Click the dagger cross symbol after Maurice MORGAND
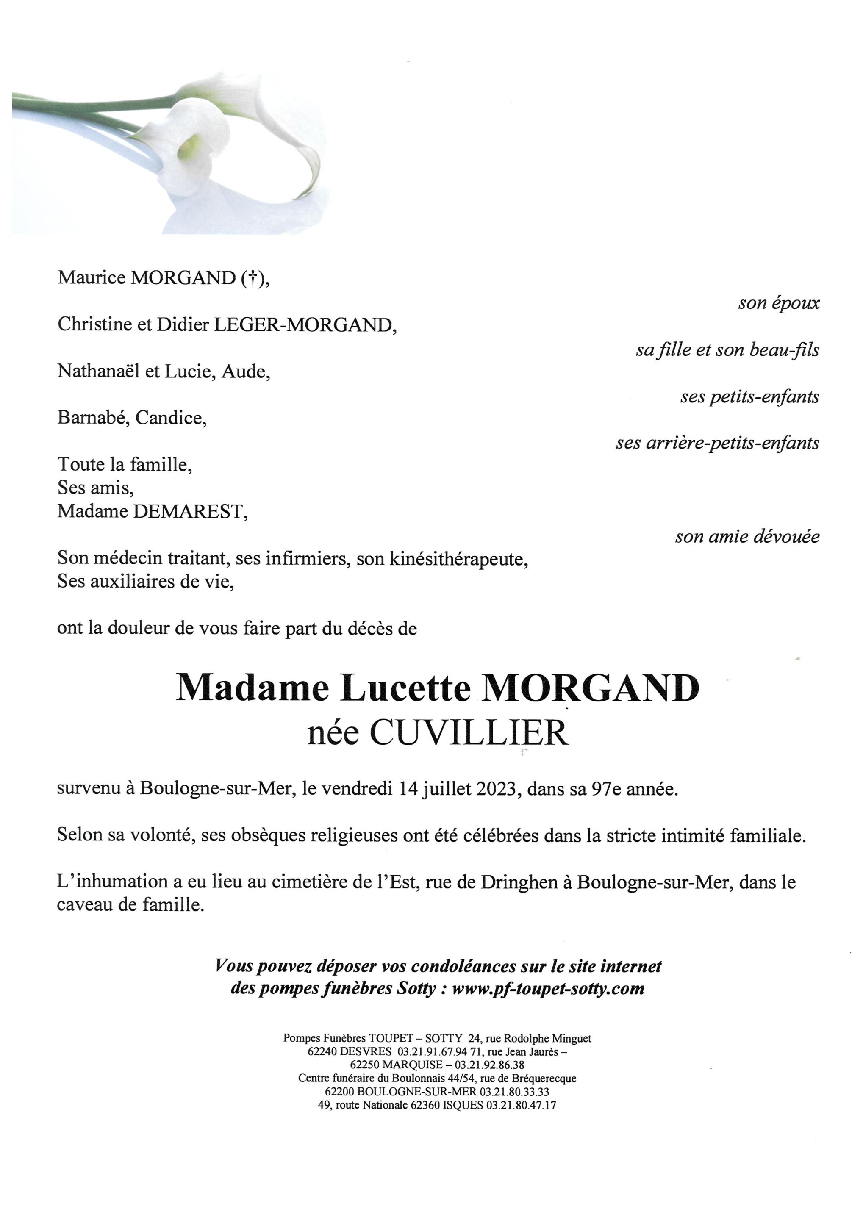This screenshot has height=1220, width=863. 253,278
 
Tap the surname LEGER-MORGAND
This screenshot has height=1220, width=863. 305,324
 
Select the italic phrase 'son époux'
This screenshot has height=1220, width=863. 779,303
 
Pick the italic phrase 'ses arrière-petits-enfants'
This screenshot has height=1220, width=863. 717,443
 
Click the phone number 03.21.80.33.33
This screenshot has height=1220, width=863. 514,1092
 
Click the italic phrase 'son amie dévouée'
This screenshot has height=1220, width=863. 747,537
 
